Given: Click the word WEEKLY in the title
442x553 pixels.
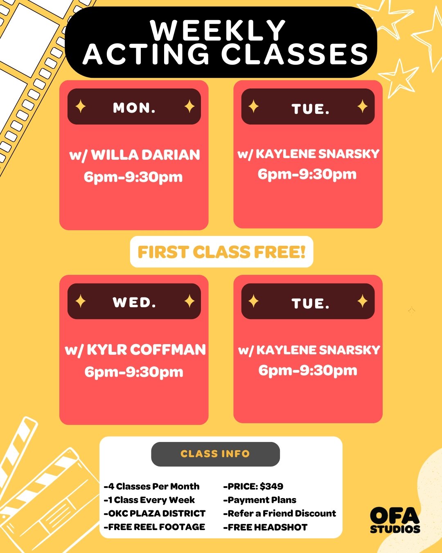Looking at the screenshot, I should click(218, 30).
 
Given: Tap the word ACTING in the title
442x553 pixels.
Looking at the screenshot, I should click(147, 54).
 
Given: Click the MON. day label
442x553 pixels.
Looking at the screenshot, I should click(134, 108).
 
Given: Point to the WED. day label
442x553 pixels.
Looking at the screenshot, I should click(134, 302).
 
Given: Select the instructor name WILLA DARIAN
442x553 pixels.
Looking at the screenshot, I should click(145, 155).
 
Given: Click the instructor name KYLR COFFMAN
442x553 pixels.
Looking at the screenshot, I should click(146, 350).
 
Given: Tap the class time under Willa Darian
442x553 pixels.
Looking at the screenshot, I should click(133, 177).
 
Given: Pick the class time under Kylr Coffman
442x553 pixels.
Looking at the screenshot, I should click(134, 372).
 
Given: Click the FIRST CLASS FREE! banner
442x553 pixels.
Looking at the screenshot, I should click(221, 252).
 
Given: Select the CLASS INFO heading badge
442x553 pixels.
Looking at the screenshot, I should click(215, 454).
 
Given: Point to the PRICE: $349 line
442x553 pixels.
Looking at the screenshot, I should click(253, 486).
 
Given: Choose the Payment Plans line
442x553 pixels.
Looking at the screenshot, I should click(260, 500).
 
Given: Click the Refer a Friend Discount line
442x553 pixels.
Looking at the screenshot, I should click(280, 513).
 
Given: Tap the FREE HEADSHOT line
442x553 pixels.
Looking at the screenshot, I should click(266, 527).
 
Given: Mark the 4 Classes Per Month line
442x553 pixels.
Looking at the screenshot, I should click(152, 486).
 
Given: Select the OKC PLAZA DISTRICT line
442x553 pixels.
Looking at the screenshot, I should click(155, 513).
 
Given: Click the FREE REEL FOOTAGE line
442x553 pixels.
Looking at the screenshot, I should click(155, 527).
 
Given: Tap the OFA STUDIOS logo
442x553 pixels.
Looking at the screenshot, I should click(395, 520).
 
